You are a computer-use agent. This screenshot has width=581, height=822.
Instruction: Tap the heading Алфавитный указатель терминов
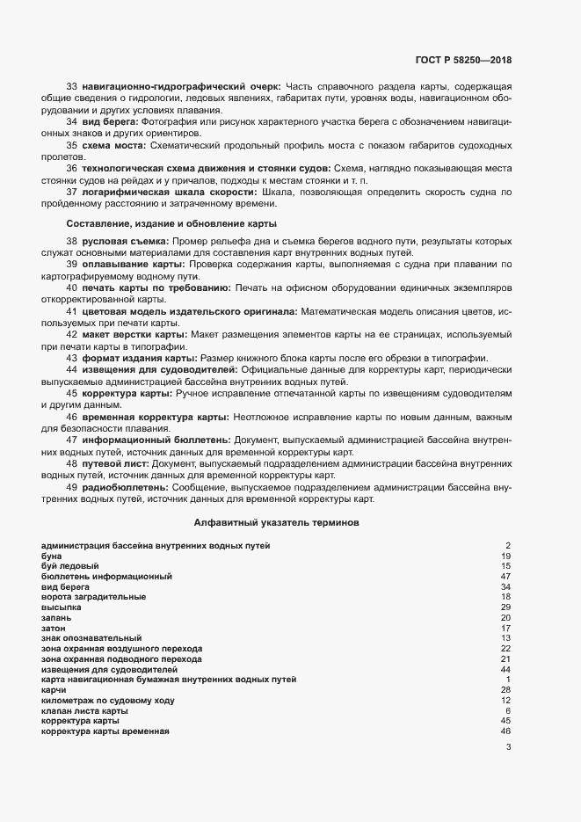click(x=276, y=522)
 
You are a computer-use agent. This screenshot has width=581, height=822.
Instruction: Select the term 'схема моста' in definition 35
click(x=112, y=144)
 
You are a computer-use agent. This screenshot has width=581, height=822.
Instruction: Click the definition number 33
click(x=72, y=85)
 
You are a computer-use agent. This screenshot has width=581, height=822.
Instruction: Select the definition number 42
click(x=72, y=335)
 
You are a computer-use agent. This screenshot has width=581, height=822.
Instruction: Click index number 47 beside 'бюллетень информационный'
click(x=505, y=577)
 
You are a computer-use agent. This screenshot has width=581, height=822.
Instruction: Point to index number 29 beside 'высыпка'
click(x=505, y=607)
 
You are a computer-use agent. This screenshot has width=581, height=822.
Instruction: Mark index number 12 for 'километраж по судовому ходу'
click(x=505, y=701)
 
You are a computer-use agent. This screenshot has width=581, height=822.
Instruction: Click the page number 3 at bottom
click(x=508, y=748)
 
